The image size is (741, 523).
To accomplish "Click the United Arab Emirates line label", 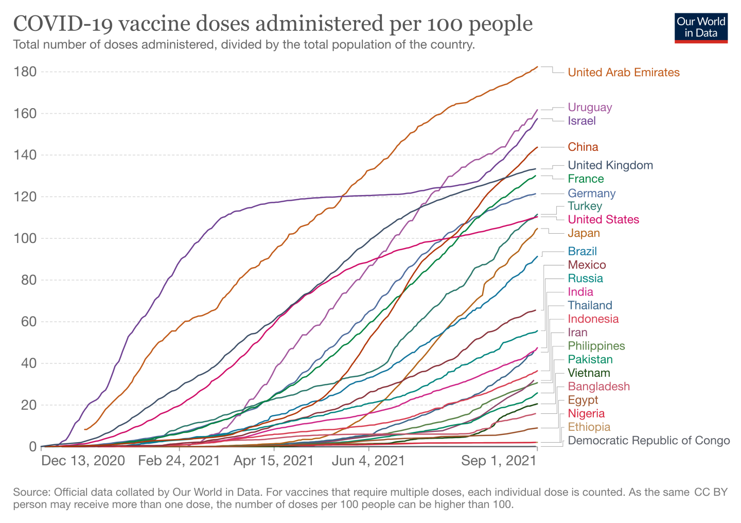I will point(623,73).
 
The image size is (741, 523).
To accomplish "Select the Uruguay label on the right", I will point(590,108).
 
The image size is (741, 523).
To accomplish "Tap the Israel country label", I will point(581,121).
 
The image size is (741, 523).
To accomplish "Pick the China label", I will point(583,147).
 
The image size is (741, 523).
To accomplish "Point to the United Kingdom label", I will point(610,165).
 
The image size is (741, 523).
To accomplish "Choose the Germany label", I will point(591,194).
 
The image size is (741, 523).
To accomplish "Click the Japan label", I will point(584,233).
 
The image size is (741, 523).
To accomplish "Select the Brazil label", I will point(582,251).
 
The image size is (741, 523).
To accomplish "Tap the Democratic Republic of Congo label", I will point(648,441).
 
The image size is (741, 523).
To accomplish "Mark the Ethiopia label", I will point(589,427).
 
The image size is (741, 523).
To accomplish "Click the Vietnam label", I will point(589,373).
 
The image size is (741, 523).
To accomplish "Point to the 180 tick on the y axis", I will point(26,72).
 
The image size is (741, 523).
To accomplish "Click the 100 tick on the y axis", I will point(26,238).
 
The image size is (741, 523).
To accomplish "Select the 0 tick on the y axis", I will point(32,446).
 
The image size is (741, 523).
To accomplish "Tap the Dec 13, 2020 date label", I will point(83,460).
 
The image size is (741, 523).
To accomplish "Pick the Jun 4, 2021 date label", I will point(368,460).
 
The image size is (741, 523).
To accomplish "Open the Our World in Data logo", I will point(701,28).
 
